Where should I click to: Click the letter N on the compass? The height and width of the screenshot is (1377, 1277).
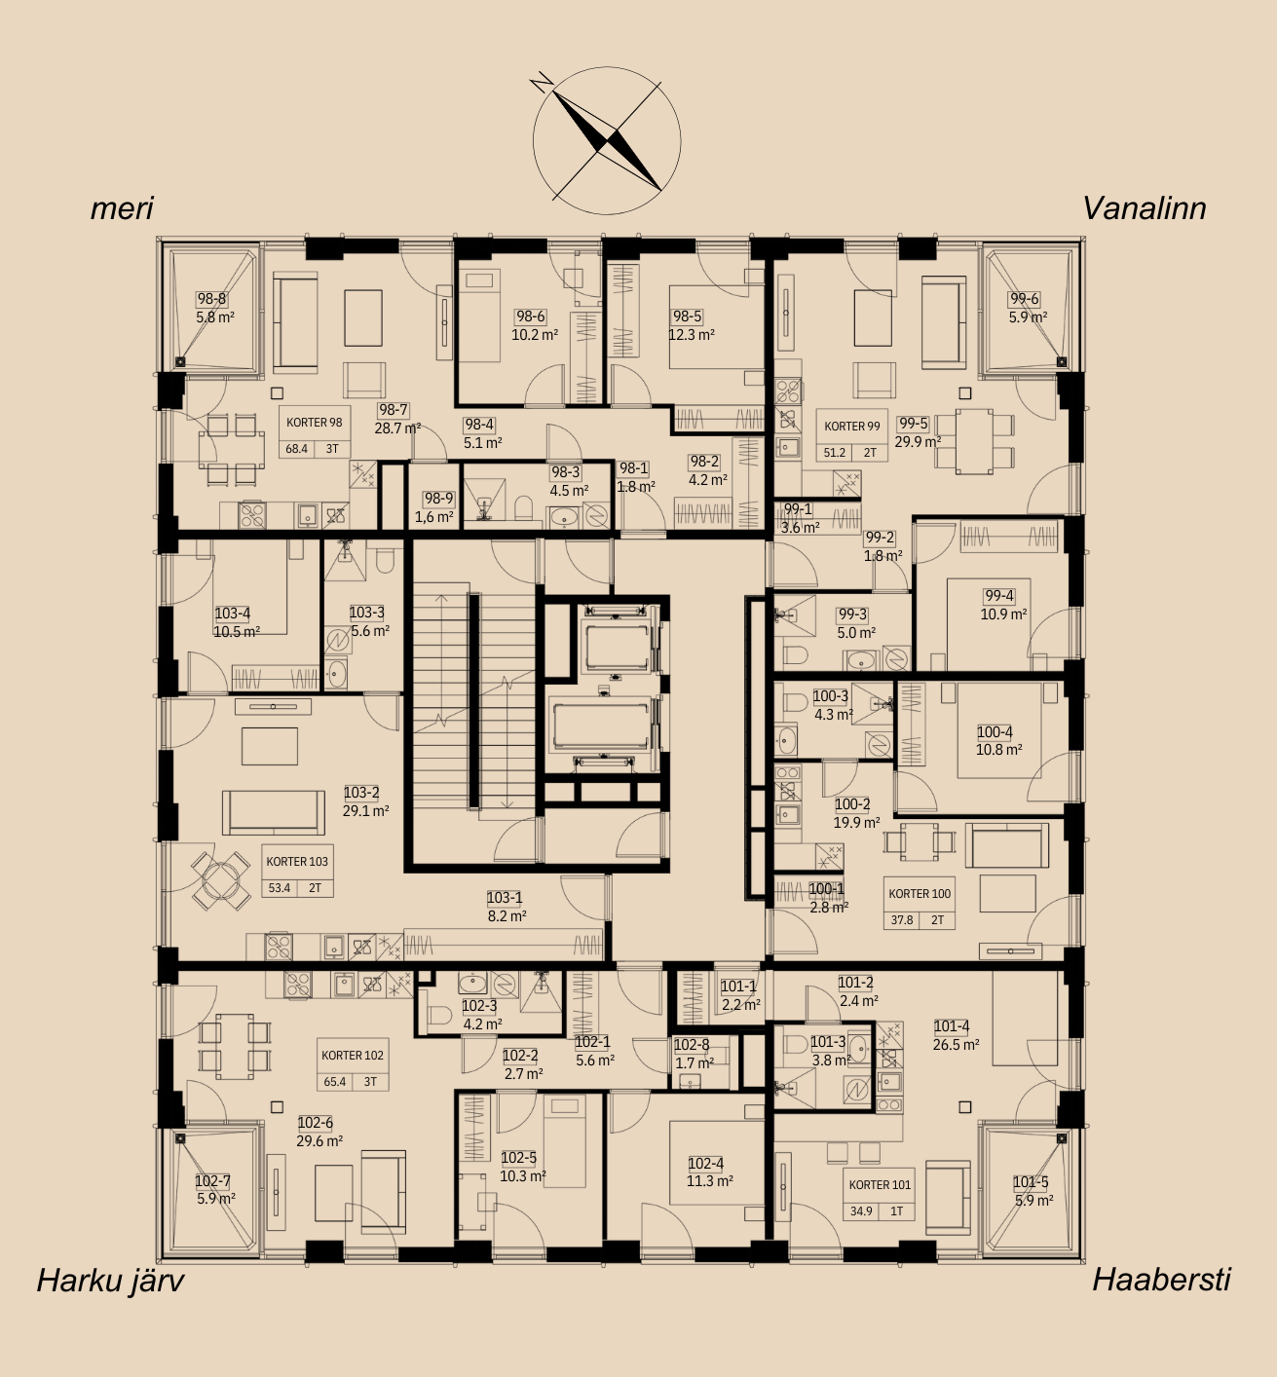pos(542,84)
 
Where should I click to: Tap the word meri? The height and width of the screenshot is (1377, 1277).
pos(122,208)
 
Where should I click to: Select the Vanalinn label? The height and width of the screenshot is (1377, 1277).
pos(1145,208)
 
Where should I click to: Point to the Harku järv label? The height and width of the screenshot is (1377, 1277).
pos(110,1280)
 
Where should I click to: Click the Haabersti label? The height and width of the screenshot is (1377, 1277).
pos(1162,1280)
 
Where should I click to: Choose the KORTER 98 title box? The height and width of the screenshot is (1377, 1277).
pos(315,423)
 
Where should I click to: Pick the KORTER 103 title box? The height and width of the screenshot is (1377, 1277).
pos(297,861)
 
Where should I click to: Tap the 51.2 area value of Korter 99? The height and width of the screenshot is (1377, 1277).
pos(835,453)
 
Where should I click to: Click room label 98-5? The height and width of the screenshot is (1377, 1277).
pos(688,316)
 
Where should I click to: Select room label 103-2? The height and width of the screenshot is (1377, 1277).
pos(361,793)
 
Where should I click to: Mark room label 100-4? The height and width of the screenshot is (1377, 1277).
pos(995,731)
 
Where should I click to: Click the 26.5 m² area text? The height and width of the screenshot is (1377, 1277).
pos(956,1044)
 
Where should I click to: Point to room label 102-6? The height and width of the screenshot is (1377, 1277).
pos(315,1123)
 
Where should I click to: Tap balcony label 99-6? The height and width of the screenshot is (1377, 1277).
pos(1025,299)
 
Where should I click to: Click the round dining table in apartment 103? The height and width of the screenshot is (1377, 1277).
pos(221,881)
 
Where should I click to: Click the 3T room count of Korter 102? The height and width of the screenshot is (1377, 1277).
pos(370,1082)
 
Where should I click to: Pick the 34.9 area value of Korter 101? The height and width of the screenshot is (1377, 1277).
pos(861,1211)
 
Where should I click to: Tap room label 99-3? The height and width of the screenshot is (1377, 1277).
pos(852,614)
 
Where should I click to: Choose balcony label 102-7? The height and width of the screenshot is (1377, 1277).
pos(212,1181)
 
